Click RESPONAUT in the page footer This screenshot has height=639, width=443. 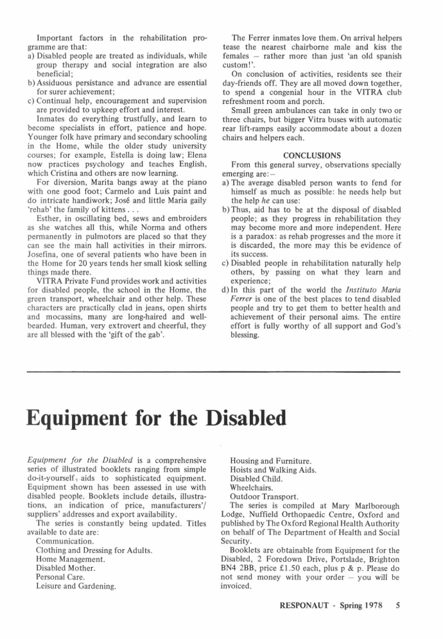(x=306, y=604)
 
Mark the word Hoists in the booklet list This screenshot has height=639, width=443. (x=243, y=470)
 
